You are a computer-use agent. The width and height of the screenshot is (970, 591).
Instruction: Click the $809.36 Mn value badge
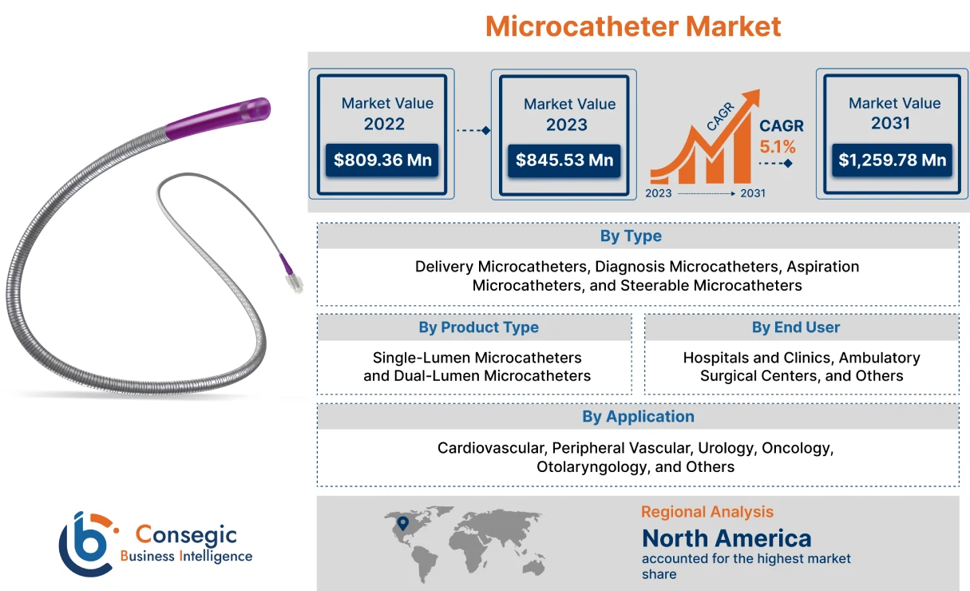(382, 160)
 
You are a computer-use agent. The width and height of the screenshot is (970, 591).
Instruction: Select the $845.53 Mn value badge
(564, 160)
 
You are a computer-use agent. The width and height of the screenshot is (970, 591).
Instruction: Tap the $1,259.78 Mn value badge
(892, 160)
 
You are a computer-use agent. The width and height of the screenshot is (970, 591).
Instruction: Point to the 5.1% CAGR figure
(777, 147)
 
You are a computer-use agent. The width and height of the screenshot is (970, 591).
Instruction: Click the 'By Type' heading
(631, 236)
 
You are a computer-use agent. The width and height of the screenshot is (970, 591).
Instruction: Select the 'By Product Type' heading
(478, 327)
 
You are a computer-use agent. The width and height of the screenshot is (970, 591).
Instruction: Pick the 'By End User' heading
(796, 327)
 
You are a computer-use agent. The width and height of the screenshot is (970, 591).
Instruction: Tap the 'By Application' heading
(638, 416)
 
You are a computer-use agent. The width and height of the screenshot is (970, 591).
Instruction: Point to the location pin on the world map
(403, 523)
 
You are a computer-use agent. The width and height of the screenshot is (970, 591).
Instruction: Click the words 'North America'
(727, 537)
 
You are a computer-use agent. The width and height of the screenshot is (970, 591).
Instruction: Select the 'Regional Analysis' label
(707, 512)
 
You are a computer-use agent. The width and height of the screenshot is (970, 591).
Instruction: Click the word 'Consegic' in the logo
(186, 533)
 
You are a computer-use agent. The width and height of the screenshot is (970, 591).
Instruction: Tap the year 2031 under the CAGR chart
(753, 193)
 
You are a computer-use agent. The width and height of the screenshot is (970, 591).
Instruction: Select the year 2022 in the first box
(384, 124)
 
